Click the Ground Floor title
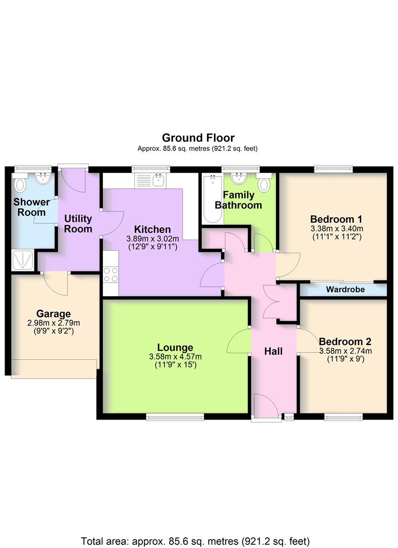point(198,138)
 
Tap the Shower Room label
point(31,207)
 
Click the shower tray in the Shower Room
point(22,260)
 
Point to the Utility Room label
point(78,224)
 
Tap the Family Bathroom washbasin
point(238,179)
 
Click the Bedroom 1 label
point(336,219)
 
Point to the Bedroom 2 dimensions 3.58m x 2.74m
point(345,351)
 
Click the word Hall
point(273,351)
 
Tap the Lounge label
point(175,348)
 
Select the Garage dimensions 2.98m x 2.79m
point(53,323)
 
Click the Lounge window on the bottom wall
point(175,417)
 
